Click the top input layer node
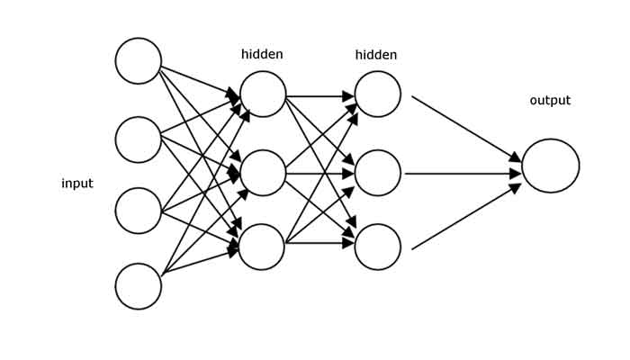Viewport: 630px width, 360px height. click(x=139, y=60)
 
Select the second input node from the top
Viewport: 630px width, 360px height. click(x=139, y=139)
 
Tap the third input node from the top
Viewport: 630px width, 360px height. click(x=139, y=211)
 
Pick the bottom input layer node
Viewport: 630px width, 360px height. click(x=139, y=286)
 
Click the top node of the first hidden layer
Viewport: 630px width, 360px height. click(x=263, y=94)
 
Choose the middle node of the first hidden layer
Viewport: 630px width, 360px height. click(x=263, y=173)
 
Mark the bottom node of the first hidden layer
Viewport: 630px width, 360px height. click(x=262, y=247)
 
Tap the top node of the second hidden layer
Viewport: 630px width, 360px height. click(x=378, y=94)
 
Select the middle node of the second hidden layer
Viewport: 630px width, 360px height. click(x=378, y=173)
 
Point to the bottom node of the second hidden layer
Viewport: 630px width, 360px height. click(x=378, y=247)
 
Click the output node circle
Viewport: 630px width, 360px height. click(x=551, y=166)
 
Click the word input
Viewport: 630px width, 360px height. click(x=77, y=184)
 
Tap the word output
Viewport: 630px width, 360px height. click(x=550, y=101)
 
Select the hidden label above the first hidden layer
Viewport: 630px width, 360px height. click(x=262, y=55)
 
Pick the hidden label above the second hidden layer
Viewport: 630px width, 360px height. click(x=376, y=56)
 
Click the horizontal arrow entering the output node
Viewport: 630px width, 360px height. click(x=463, y=173)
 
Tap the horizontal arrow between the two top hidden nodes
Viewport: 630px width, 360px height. click(x=320, y=94)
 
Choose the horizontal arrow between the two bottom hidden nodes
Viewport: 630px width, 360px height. click(x=319, y=242)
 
